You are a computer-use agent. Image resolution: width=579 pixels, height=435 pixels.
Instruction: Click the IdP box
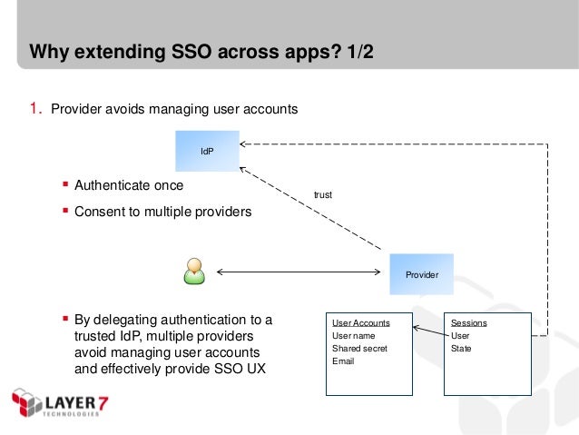[207, 151]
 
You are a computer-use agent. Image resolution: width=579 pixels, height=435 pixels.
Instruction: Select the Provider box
[421, 274]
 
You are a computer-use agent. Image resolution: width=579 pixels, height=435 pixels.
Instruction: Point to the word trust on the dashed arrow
[322, 194]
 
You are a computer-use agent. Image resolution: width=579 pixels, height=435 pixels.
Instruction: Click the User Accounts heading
[360, 323]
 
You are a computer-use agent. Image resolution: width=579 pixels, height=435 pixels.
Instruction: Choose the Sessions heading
[468, 323]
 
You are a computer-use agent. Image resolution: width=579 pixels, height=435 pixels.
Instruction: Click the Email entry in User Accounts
[343, 361]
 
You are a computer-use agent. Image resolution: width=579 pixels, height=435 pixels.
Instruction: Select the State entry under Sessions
[461, 349]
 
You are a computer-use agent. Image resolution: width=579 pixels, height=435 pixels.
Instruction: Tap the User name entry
[353, 336]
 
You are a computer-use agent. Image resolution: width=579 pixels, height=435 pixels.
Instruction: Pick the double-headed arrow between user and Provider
[297, 272]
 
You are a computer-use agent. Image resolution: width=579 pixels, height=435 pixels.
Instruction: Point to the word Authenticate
[113, 185]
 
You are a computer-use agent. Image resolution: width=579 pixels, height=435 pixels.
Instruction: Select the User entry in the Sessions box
[460, 336]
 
